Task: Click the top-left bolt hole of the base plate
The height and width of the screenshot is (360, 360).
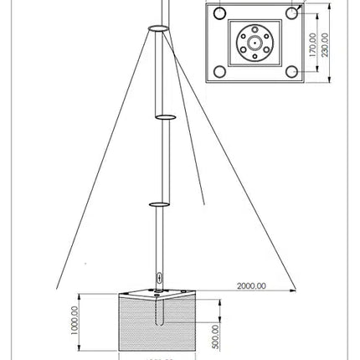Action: coord(219,14)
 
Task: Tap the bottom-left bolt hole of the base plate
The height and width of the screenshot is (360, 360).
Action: coord(219,71)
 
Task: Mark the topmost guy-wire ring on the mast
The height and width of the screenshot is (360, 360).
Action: coord(159,28)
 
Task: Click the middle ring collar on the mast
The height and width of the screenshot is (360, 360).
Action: coord(164,117)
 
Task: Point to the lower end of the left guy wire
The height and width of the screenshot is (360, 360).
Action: coord(56,289)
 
